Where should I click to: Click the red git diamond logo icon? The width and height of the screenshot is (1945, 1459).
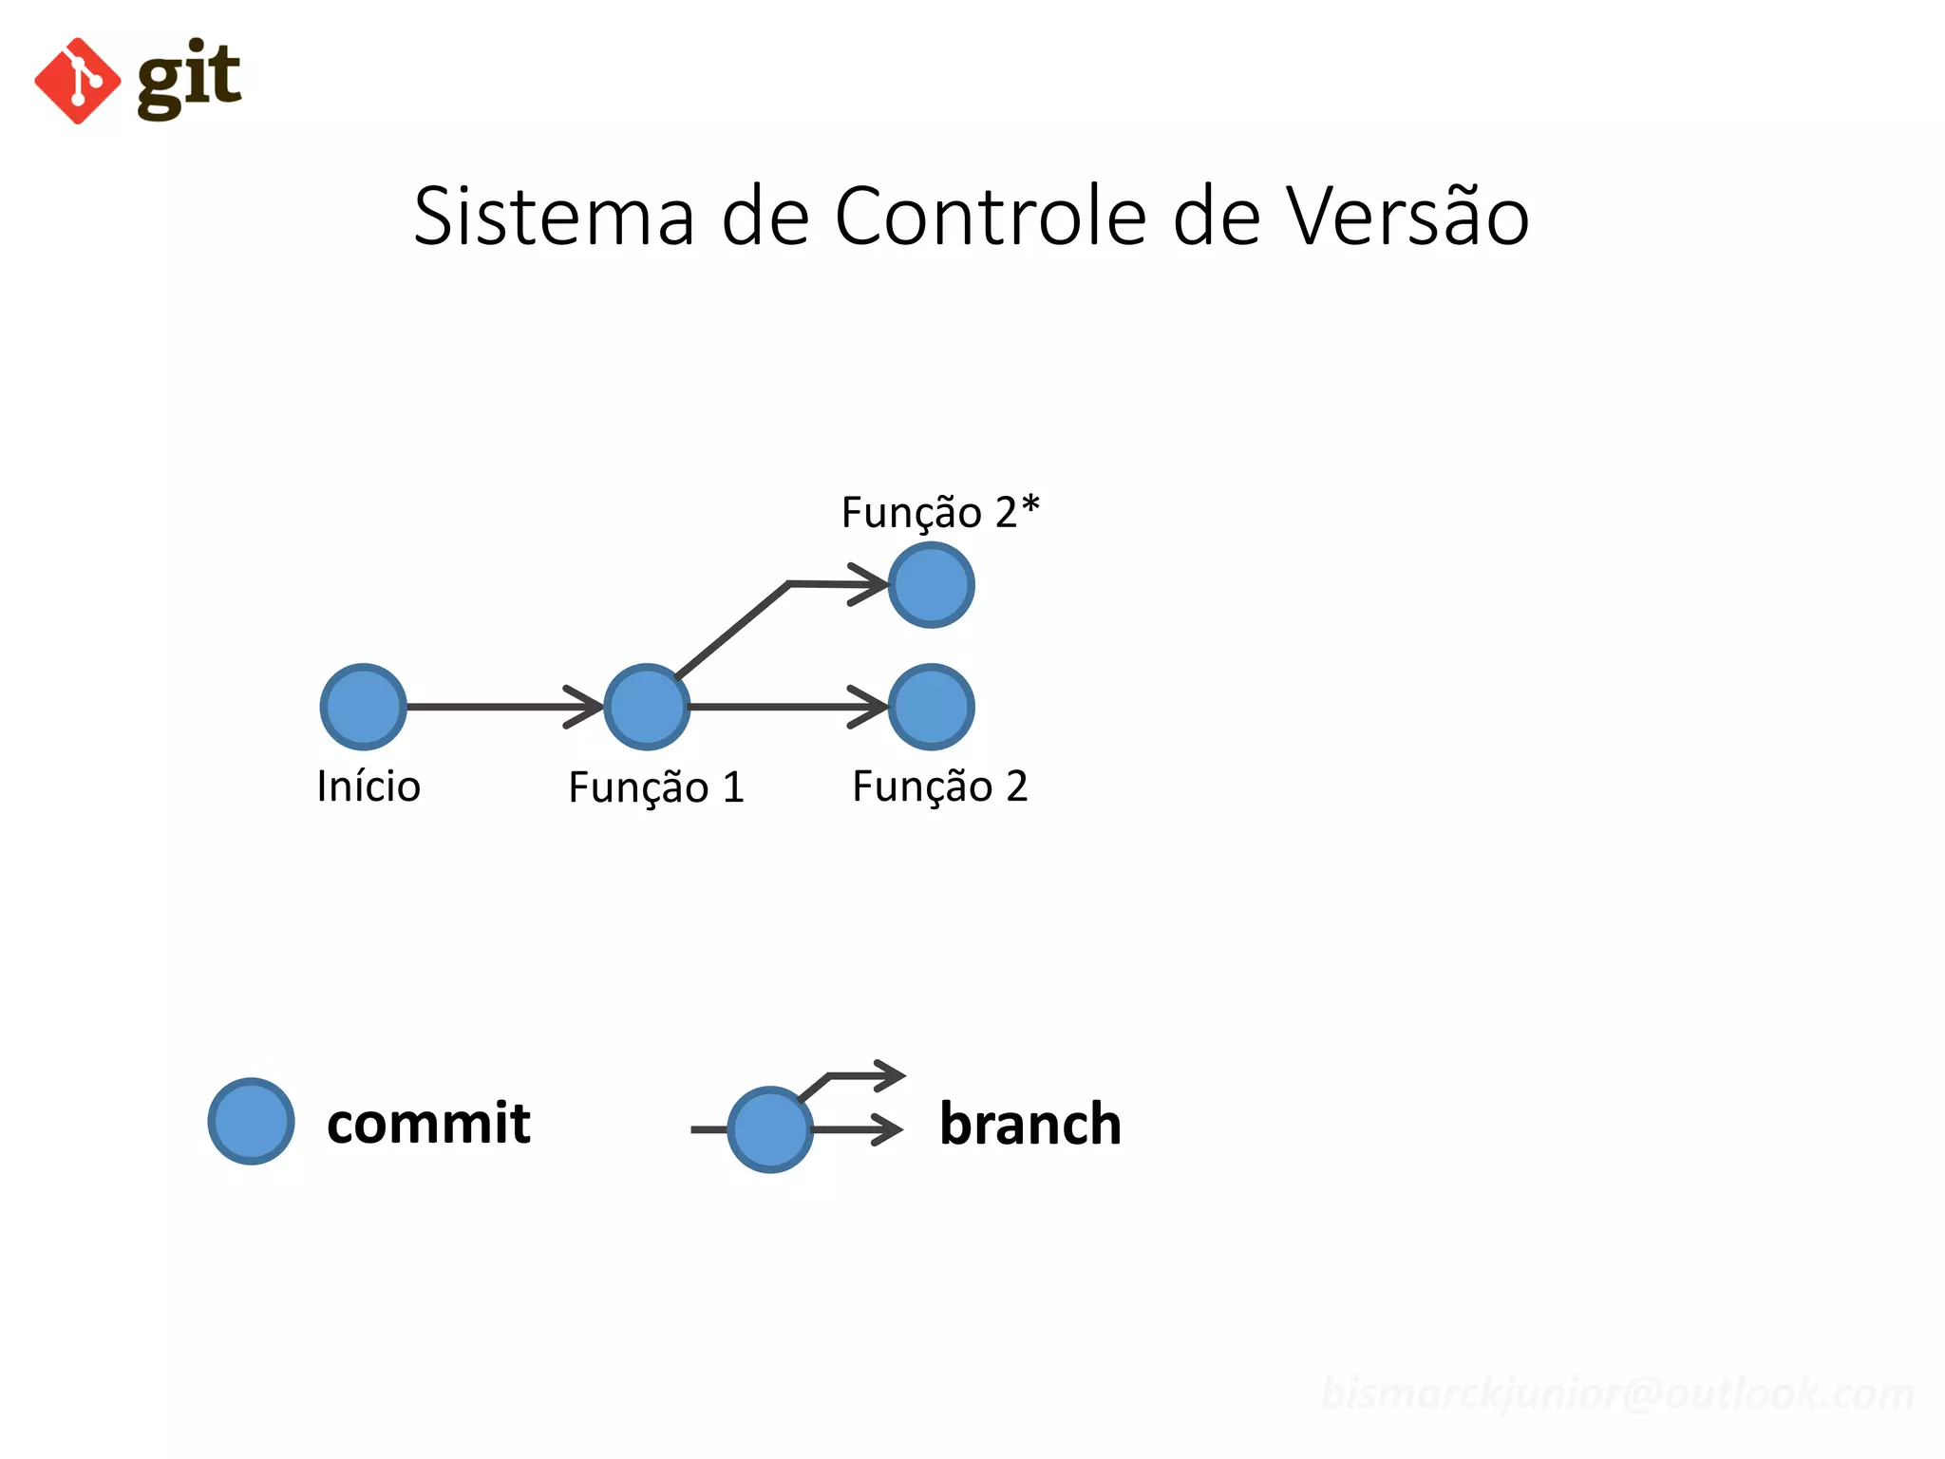point(77,81)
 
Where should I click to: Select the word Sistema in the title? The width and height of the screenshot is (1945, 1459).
point(554,217)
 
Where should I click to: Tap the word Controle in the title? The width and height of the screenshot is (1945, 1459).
point(991,217)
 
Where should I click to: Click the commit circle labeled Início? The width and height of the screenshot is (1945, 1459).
point(363,707)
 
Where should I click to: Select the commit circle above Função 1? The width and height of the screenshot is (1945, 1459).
point(647,707)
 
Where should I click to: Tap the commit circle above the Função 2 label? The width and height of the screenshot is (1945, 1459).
point(931,707)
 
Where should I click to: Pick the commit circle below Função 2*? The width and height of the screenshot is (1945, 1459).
point(931,585)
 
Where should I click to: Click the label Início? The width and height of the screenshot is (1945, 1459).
point(368,786)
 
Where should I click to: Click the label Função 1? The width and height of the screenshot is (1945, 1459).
point(656,787)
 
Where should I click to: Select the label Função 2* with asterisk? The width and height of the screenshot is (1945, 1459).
point(940,513)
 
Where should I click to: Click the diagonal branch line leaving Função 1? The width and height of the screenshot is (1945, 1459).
point(731,630)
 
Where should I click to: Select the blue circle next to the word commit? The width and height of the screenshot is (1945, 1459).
point(251,1121)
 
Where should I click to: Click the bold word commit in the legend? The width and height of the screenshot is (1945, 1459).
point(428,1123)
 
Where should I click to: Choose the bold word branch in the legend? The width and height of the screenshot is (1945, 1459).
point(1030,1124)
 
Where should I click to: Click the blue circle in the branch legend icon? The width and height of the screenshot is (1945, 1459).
point(769,1129)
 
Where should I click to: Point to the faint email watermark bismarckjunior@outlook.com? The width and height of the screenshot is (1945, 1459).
point(1617,1393)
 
